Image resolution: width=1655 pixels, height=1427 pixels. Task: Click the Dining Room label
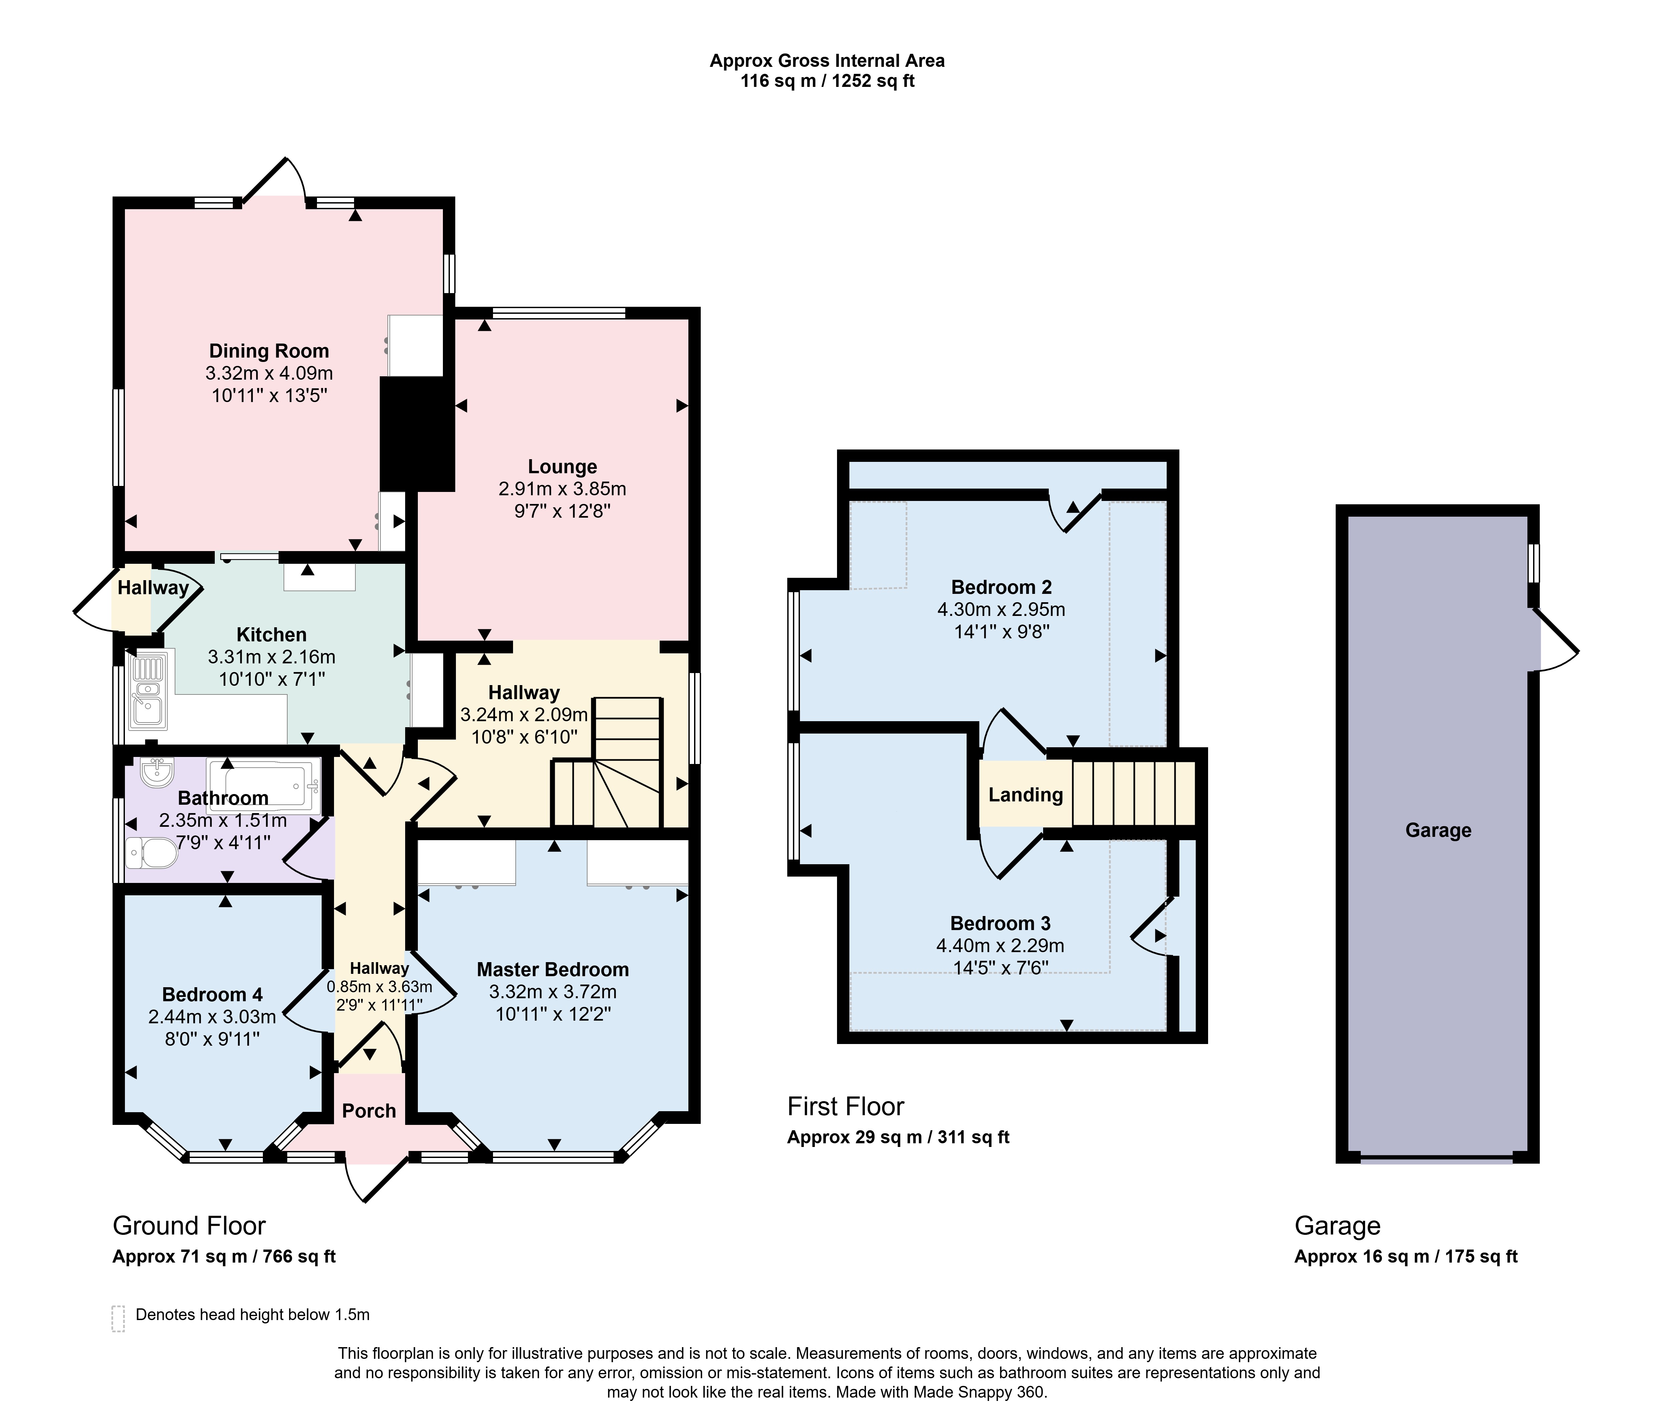coord(269,351)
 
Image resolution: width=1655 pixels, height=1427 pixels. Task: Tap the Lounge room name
coord(562,467)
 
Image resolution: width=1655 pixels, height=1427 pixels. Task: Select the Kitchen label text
coord(272,634)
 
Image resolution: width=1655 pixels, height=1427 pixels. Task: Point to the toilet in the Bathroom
coord(152,853)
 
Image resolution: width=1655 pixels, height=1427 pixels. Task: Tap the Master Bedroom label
coord(553,969)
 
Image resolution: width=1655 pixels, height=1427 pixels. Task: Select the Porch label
coord(369,1111)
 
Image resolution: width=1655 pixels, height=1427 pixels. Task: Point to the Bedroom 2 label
coord(1001,587)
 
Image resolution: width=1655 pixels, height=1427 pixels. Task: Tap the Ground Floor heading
coord(189,1225)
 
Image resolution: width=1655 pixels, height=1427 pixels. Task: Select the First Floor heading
coord(846,1107)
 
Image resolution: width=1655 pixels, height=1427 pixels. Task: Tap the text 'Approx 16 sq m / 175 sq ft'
coord(1406,1256)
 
